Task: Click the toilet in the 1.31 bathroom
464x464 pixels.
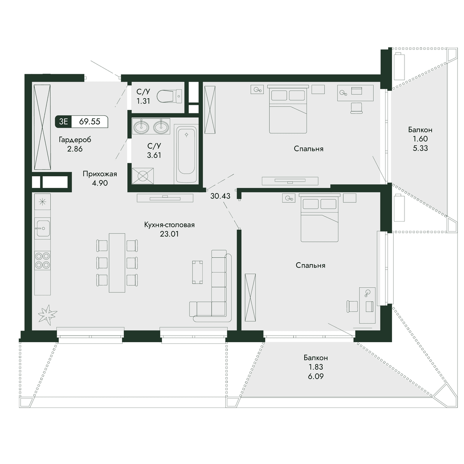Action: (x=169, y=96)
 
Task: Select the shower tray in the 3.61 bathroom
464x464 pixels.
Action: (x=143, y=176)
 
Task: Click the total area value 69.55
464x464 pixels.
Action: (x=90, y=121)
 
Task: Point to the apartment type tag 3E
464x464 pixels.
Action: (x=63, y=121)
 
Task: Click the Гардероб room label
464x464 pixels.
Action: (x=75, y=140)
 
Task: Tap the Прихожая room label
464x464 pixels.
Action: (x=100, y=174)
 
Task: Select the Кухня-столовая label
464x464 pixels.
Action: (x=169, y=225)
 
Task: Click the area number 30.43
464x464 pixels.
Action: (x=220, y=196)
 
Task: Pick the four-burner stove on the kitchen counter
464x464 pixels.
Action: (x=43, y=260)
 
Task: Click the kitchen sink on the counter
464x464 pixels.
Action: (x=43, y=228)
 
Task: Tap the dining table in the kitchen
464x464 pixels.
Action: (x=117, y=263)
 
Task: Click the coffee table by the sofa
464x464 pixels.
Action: (x=198, y=272)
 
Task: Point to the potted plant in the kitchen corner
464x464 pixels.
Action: (x=48, y=313)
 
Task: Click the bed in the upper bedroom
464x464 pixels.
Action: (x=288, y=109)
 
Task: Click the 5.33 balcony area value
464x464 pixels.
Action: (x=420, y=148)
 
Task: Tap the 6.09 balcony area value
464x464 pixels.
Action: (x=316, y=376)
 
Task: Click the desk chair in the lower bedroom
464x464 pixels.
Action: (x=352, y=307)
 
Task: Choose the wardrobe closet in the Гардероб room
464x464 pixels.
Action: (x=43, y=127)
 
